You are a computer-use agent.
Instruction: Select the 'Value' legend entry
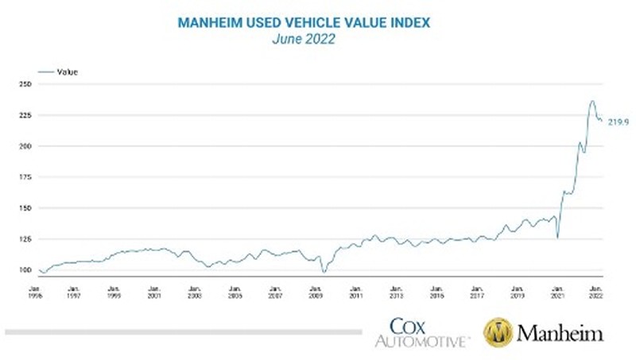pos(67,72)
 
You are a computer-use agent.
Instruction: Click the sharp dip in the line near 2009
pos(324,272)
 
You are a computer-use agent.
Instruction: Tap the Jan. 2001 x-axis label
pos(153,291)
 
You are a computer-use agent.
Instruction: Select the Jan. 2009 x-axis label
pos(316,291)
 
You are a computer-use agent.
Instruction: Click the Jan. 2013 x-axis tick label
pos(397,291)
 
